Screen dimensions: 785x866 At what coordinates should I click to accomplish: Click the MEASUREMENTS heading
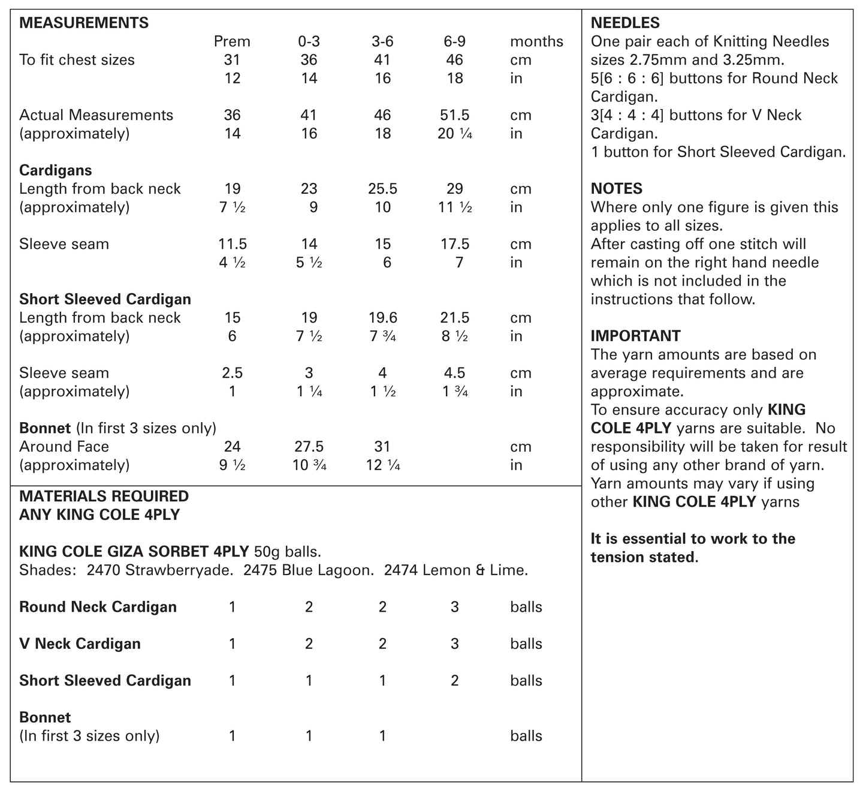tap(84, 23)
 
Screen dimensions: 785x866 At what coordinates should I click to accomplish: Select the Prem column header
tap(232, 41)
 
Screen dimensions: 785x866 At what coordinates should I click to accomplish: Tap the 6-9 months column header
tap(454, 41)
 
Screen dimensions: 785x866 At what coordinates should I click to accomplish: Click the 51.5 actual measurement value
tap(454, 115)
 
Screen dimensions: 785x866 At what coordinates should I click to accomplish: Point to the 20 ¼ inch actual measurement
tap(455, 134)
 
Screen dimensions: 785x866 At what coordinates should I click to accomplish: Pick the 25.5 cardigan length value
tap(382, 189)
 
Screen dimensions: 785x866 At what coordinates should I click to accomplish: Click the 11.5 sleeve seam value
tap(232, 244)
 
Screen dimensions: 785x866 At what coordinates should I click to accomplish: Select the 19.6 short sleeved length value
tap(382, 318)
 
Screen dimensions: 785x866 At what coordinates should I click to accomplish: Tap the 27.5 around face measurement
tap(309, 447)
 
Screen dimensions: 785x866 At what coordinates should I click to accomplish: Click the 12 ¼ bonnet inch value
tap(382, 465)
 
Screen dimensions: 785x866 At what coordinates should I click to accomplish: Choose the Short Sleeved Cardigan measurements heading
tap(105, 299)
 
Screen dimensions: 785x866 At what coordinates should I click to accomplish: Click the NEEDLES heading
tap(625, 23)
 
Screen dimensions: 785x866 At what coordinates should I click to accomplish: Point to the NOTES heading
tap(616, 189)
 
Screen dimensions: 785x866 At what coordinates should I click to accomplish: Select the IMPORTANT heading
tap(635, 336)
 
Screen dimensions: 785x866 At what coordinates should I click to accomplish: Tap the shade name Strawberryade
tap(178, 570)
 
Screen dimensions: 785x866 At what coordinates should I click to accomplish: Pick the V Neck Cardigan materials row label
tap(80, 643)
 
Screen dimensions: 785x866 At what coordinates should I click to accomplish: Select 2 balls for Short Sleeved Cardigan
tap(454, 681)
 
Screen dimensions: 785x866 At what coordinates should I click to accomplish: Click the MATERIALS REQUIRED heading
tap(104, 496)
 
